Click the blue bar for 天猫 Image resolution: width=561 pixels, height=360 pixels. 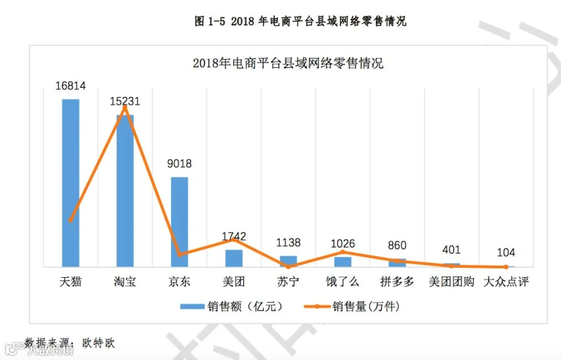[x=70, y=183]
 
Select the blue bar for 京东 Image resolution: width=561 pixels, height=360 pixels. [x=180, y=222]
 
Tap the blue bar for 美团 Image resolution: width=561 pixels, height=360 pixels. [x=234, y=258]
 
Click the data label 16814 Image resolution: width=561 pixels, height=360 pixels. [x=70, y=86]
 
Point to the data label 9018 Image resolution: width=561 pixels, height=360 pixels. [x=180, y=164]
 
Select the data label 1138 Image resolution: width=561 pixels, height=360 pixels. [x=288, y=243]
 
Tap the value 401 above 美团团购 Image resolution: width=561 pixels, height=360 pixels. [x=451, y=250]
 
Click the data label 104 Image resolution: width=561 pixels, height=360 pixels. [x=506, y=253]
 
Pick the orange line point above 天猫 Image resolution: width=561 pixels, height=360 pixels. [x=70, y=220]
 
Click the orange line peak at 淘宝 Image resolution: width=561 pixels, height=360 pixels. [x=125, y=107]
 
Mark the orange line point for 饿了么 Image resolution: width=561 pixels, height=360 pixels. [x=343, y=252]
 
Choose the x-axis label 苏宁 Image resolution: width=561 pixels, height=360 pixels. [x=288, y=282]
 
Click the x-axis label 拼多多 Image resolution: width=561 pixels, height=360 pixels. [x=397, y=282]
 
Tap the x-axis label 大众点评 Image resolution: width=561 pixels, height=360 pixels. [x=506, y=282]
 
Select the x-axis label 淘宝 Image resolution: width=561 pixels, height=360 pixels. [x=125, y=282]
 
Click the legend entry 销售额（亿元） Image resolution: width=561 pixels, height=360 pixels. [x=231, y=306]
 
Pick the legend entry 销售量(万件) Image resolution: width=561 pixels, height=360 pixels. [x=352, y=306]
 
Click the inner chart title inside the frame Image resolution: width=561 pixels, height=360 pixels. [x=288, y=64]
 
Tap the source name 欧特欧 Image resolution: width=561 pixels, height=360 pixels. [x=98, y=343]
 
